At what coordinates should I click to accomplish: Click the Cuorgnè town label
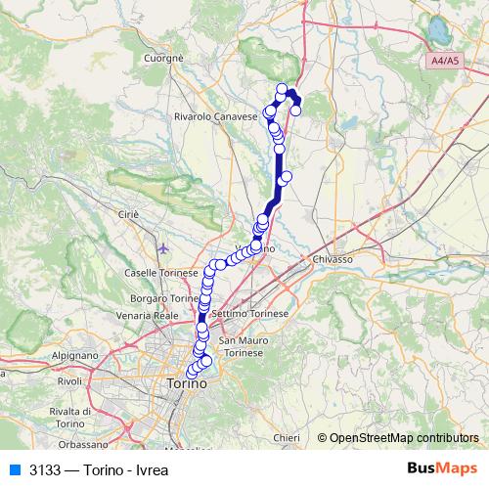click(163, 59)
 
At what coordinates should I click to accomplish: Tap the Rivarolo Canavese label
click(215, 115)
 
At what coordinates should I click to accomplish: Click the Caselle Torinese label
click(162, 272)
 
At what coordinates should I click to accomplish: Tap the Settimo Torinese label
click(249, 313)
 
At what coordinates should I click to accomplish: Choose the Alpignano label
click(74, 357)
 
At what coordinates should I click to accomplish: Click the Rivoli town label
click(69, 380)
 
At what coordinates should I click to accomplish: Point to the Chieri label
click(287, 437)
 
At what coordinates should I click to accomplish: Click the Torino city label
click(185, 384)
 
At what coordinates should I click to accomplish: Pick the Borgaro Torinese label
click(164, 296)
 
